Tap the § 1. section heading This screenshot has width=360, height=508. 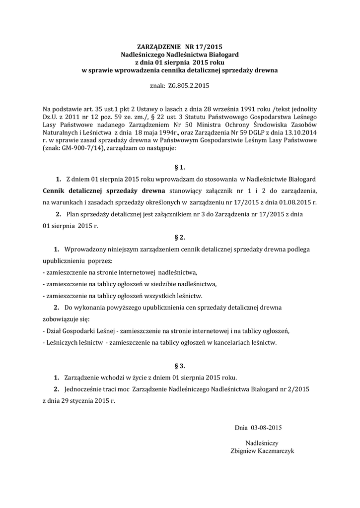(x=180, y=168)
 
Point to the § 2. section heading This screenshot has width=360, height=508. (x=180, y=237)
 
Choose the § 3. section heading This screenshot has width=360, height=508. (x=180, y=366)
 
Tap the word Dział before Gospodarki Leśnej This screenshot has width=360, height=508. (x=55, y=331)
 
